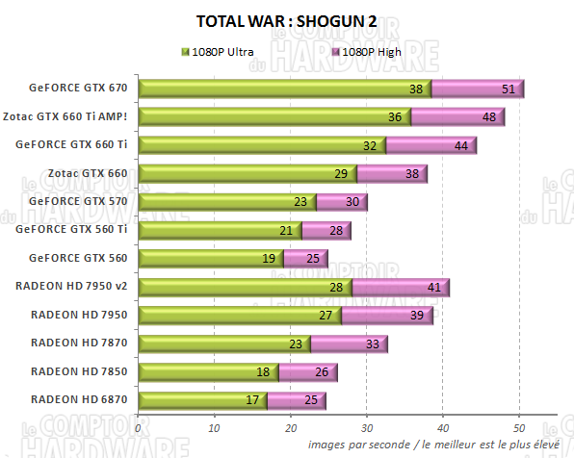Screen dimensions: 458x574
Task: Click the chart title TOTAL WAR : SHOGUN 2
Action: pos(286,20)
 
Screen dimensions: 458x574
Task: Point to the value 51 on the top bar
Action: pos(509,89)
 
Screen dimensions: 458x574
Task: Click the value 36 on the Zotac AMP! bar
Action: pos(394,117)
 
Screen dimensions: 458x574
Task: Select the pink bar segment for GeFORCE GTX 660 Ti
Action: pos(430,145)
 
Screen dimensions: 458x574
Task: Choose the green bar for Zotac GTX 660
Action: pos(247,173)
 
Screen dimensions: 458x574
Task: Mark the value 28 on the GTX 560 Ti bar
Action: pos(335,230)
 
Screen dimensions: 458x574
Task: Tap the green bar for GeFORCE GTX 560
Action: pos(208,258)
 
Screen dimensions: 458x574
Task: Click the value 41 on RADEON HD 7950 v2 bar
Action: pos(433,287)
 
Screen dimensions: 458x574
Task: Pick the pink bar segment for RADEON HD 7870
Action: pos(348,343)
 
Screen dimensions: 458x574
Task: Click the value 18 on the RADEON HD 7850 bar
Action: pos(262,371)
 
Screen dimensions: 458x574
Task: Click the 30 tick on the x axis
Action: pos(366,427)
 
